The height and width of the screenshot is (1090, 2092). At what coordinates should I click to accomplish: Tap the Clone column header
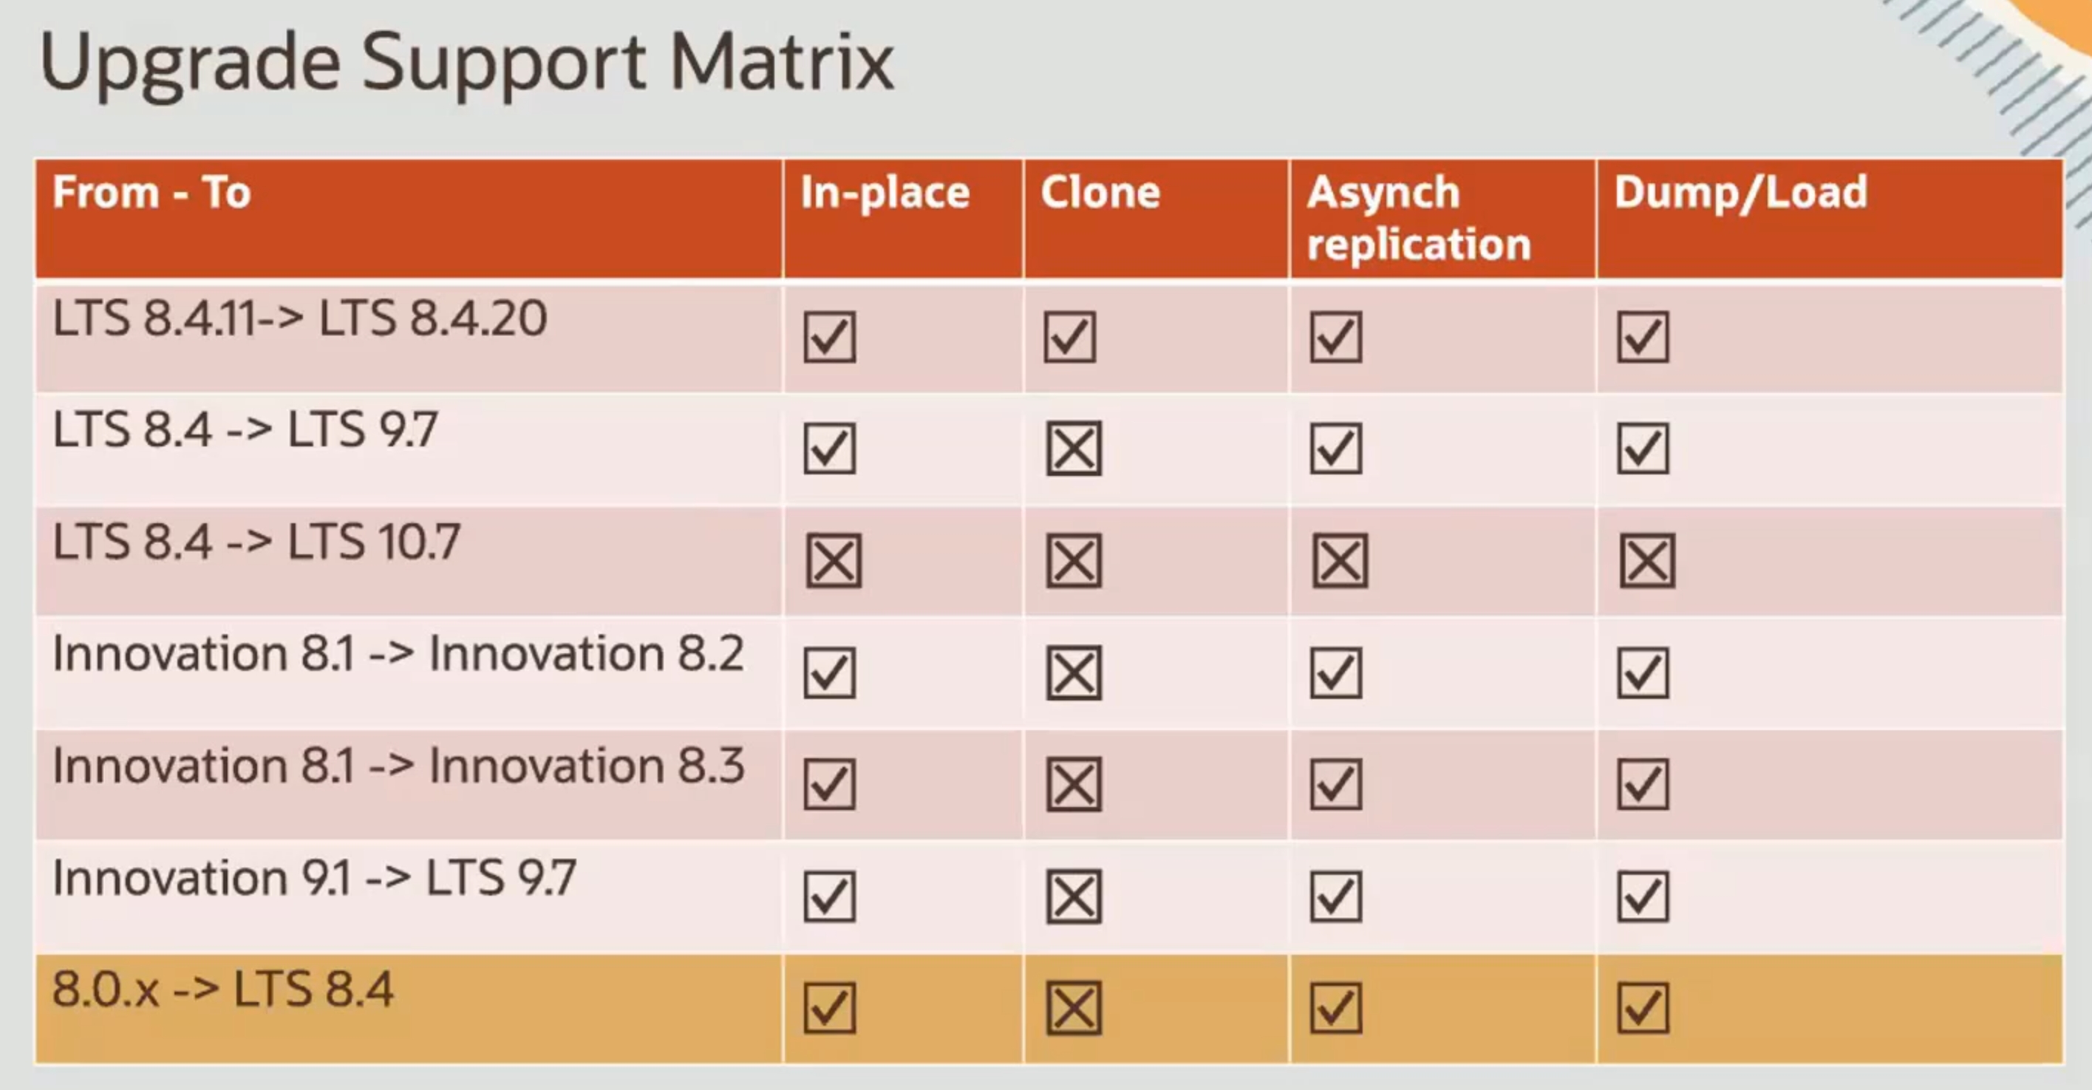pyautogui.click(x=1100, y=192)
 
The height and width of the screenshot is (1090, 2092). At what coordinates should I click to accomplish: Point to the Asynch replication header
pyautogui.click(x=1418, y=218)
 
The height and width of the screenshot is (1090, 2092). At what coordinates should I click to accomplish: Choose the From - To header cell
pyautogui.click(x=152, y=192)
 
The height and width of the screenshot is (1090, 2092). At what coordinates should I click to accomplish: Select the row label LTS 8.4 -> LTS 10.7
pyautogui.click(x=256, y=542)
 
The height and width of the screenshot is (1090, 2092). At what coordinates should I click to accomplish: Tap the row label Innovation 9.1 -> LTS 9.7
pyautogui.click(x=314, y=878)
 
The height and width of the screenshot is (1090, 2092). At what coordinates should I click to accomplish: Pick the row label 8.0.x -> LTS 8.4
pyautogui.click(x=223, y=989)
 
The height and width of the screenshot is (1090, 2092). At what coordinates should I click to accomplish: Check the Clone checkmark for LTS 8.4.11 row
pyautogui.click(x=1070, y=336)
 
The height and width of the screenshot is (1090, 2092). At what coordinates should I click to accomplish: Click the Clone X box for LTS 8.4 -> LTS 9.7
pyautogui.click(x=1074, y=449)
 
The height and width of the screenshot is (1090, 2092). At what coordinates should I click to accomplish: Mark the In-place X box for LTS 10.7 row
pyautogui.click(x=834, y=560)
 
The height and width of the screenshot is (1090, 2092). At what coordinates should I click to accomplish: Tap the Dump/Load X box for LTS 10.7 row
pyautogui.click(x=1647, y=560)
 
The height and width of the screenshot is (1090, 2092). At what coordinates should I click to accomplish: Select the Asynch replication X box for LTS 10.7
pyautogui.click(x=1340, y=560)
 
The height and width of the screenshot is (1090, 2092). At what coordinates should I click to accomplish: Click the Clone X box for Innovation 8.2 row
pyautogui.click(x=1074, y=672)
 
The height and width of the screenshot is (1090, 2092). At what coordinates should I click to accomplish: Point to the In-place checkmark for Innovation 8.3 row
pyautogui.click(x=830, y=784)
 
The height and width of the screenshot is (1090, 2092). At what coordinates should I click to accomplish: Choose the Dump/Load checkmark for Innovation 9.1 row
pyautogui.click(x=1643, y=896)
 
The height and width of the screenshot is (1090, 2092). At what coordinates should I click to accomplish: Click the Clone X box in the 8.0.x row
pyautogui.click(x=1074, y=1008)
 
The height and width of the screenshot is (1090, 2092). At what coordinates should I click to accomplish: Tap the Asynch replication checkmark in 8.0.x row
pyautogui.click(x=1336, y=1008)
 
